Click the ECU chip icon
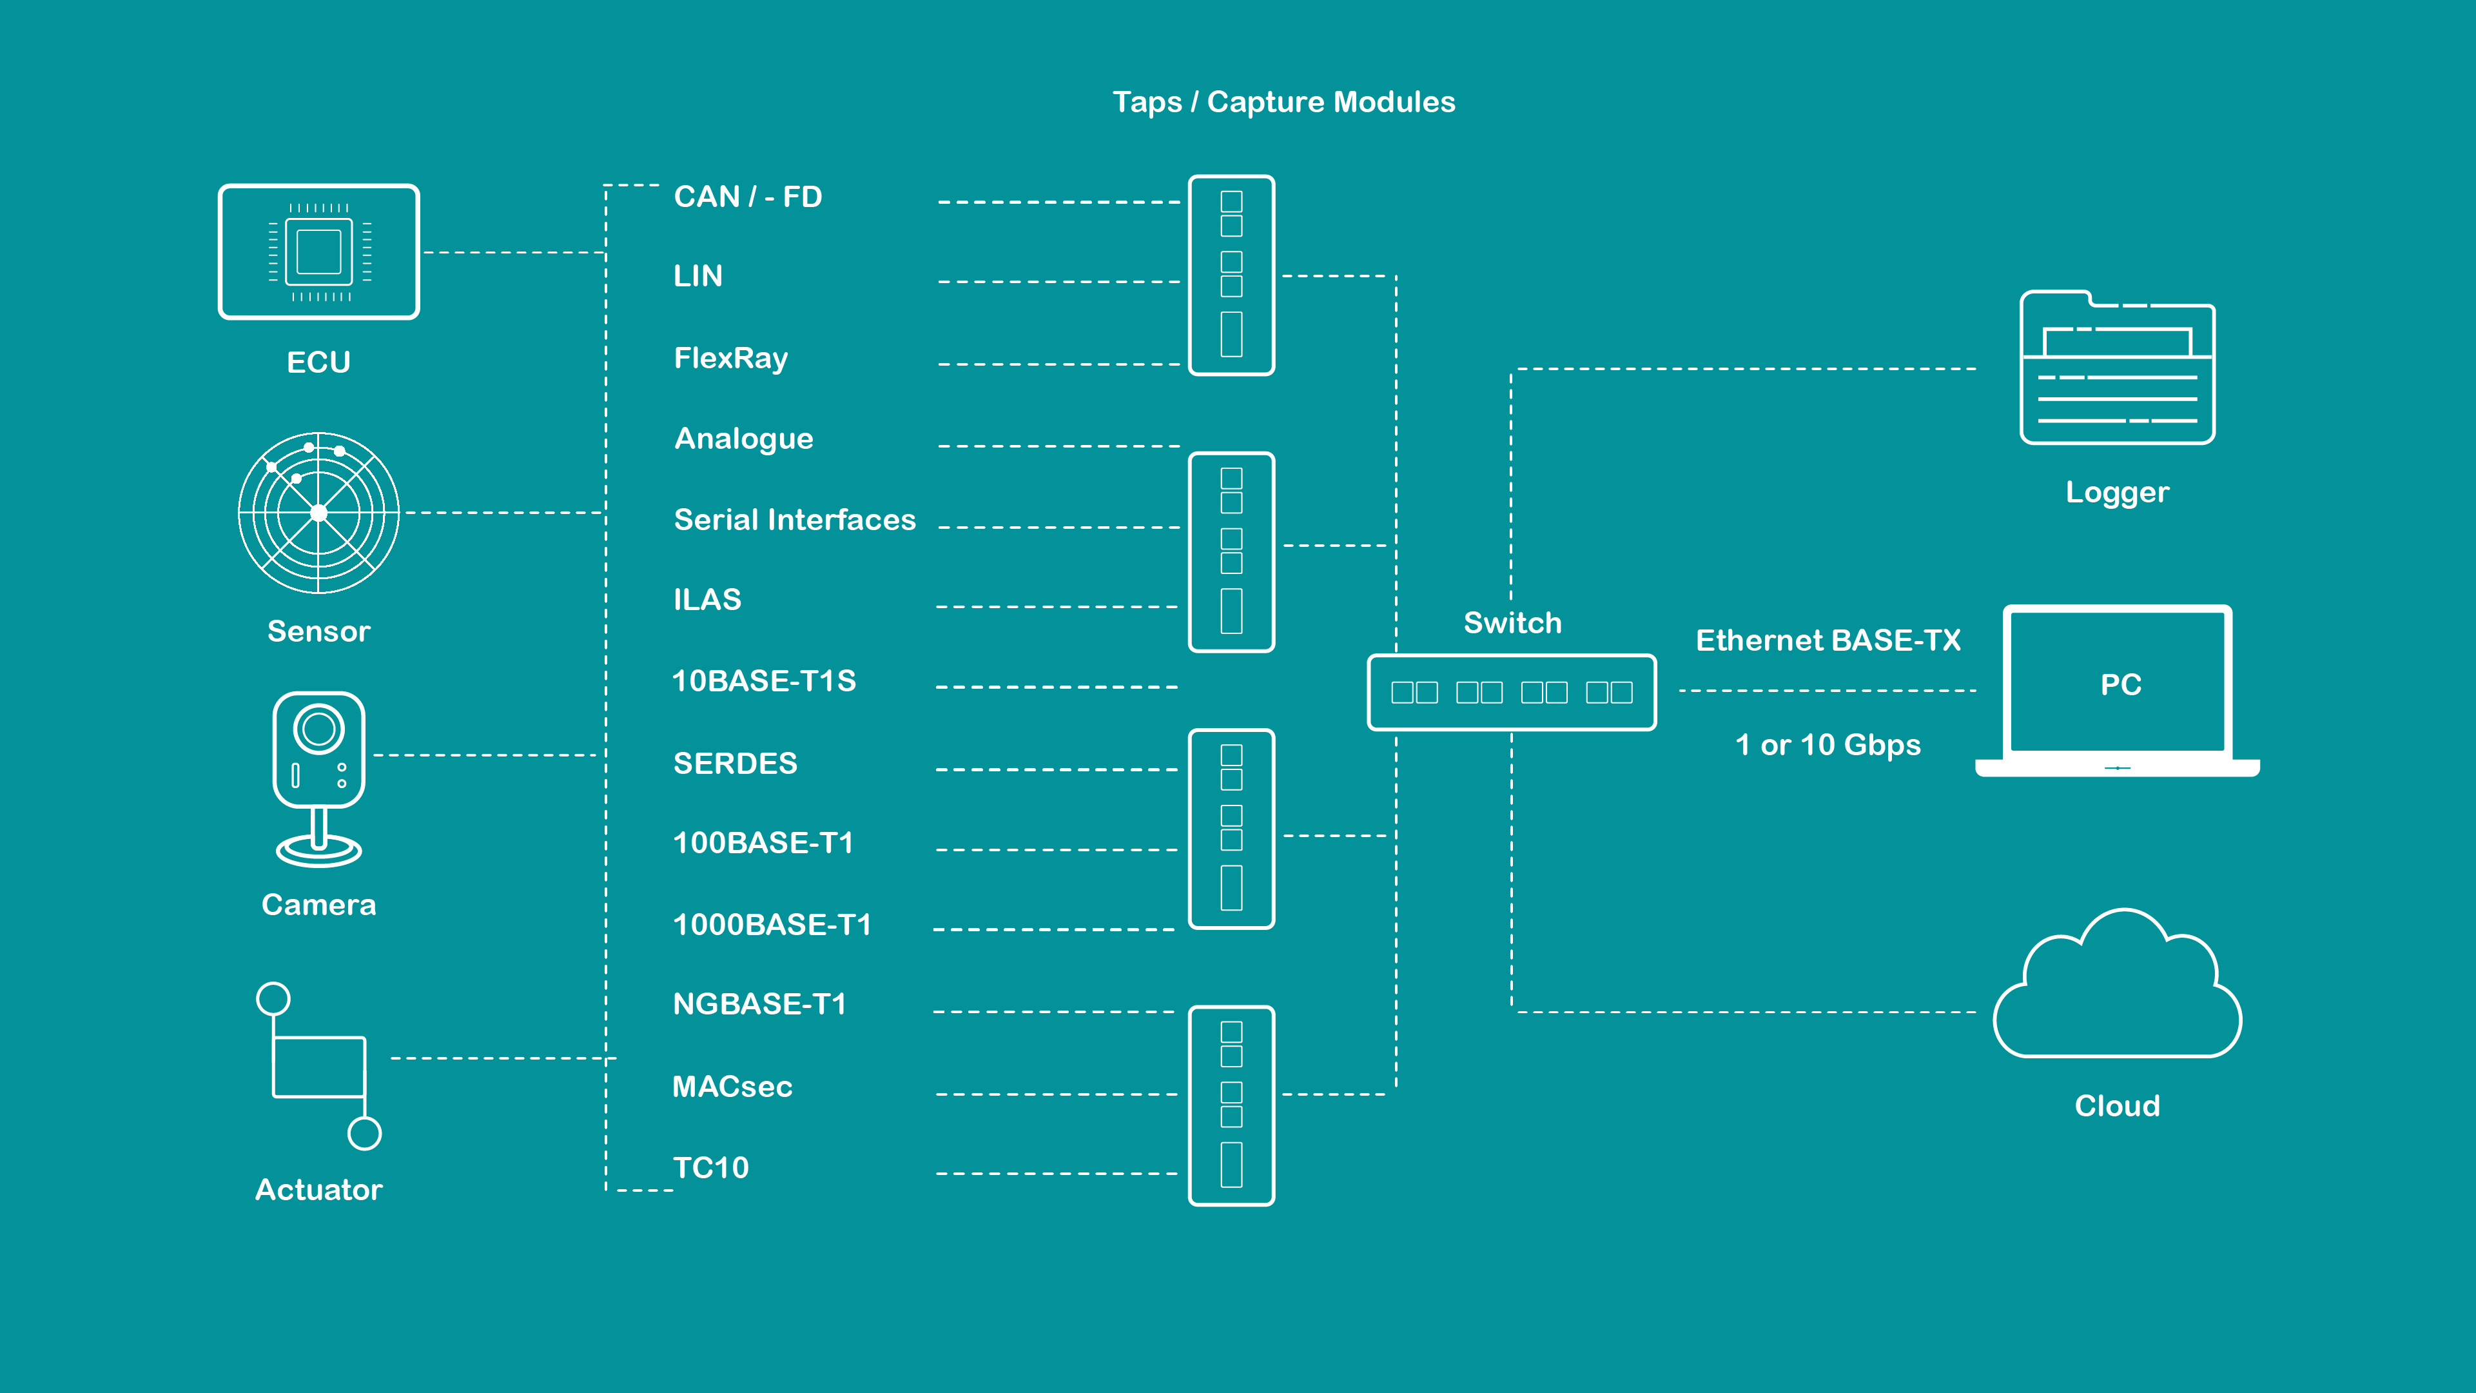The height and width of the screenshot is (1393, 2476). [x=318, y=252]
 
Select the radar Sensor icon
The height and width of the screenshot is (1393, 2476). [x=318, y=513]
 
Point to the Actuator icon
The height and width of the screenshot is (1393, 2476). [x=318, y=1066]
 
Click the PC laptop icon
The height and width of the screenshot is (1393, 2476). [x=2118, y=690]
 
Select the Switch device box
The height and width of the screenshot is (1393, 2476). [x=1511, y=692]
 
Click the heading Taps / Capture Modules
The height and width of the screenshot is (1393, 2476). [x=1283, y=102]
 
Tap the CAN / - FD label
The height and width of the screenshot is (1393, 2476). [x=748, y=197]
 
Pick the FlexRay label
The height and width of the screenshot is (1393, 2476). [x=730, y=359]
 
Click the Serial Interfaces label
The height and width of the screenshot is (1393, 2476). [x=794, y=520]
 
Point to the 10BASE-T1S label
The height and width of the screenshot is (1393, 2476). [x=763, y=680]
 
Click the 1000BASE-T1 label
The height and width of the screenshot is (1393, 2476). [x=772, y=925]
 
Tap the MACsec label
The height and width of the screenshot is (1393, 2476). [x=732, y=1086]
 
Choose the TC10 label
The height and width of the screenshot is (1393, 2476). [x=710, y=1168]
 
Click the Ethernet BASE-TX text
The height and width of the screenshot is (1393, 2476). [x=1828, y=640]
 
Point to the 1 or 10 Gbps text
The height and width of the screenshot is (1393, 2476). [x=1828, y=745]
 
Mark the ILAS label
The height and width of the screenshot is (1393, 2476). [x=707, y=600]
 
